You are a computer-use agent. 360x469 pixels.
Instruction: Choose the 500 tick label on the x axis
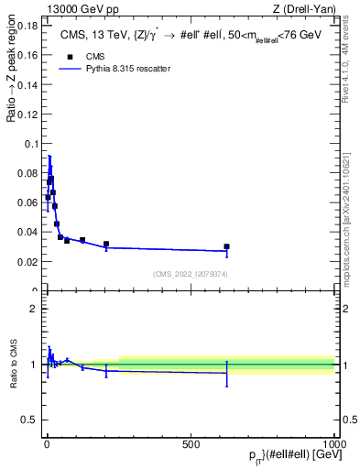click(x=191, y=442)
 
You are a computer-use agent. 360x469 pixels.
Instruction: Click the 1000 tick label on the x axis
click(x=333, y=442)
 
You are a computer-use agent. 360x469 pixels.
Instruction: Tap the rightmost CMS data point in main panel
click(x=226, y=246)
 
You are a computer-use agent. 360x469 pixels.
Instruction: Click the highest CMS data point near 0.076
click(x=51, y=179)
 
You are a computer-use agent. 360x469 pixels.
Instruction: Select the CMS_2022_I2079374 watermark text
click(x=191, y=274)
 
